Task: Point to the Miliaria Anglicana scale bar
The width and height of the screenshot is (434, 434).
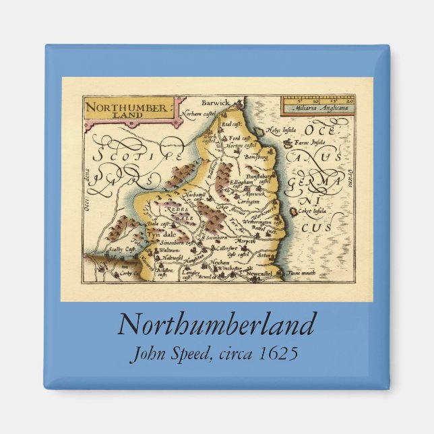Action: pos(317,104)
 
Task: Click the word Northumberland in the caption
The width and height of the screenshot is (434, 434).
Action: pos(216,325)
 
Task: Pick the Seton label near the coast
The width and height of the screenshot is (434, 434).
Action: pos(266,255)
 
